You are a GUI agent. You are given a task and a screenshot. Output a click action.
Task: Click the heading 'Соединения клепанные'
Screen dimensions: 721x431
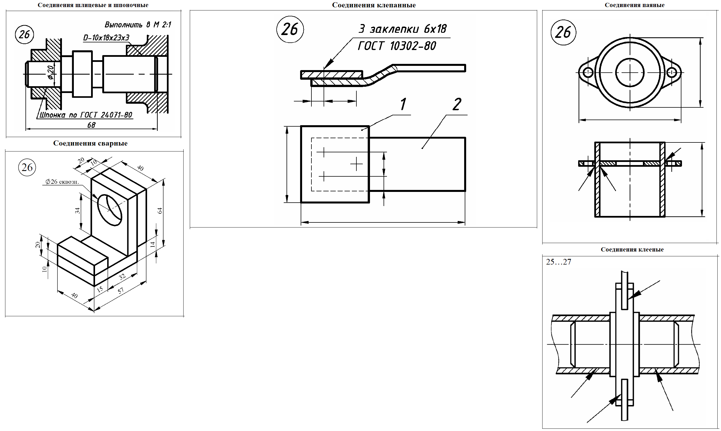[374, 5]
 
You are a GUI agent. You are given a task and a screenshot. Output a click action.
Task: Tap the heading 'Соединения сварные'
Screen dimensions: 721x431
[91, 143]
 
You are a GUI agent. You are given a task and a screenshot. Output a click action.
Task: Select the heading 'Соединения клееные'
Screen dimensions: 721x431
[632, 250]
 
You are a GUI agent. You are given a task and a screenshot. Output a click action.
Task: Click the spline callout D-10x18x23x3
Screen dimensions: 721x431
[106, 38]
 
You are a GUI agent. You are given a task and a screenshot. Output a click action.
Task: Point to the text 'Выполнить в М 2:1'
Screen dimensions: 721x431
[138, 25]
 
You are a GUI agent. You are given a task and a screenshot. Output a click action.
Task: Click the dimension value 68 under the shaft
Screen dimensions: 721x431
[91, 125]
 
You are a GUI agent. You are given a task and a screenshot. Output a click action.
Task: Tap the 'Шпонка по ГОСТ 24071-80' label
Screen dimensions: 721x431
[86, 115]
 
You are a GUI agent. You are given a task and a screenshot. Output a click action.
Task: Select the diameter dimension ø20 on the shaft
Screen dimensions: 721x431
[51, 72]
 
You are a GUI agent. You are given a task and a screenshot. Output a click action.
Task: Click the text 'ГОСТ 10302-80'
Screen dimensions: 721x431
[397, 46]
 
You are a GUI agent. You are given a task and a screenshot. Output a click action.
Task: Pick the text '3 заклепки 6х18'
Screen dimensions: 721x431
[403, 29]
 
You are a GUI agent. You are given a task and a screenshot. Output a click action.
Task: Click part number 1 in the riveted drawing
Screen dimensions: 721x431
[403, 104]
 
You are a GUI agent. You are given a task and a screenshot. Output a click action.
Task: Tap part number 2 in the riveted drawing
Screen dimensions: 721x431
[457, 104]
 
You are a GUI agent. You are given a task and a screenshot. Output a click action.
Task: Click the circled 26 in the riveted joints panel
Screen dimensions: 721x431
[290, 29]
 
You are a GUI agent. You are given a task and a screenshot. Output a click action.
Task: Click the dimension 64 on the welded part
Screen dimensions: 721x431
[160, 211]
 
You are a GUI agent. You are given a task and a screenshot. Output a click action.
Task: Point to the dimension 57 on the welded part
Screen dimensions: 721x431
[120, 290]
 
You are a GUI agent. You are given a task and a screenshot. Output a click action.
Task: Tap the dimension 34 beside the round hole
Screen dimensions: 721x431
[78, 211]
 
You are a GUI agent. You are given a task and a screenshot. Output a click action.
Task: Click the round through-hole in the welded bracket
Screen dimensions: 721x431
[110, 210]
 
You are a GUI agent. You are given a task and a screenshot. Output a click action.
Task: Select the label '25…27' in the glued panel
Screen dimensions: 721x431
[559, 262]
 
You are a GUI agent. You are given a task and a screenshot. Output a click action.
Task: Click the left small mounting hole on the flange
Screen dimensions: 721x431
[587, 72]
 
